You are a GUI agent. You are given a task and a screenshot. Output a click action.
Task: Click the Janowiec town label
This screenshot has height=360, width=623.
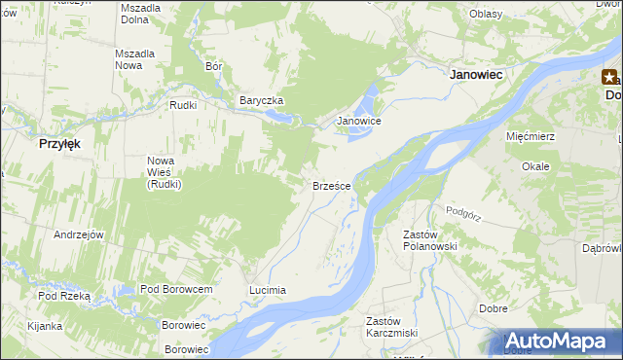click(x=481, y=74)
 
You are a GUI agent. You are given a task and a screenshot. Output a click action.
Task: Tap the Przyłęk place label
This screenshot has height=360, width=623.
click(x=58, y=142)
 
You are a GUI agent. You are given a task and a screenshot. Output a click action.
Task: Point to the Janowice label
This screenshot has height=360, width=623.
click(x=358, y=122)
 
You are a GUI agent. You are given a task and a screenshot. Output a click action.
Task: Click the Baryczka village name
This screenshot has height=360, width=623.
click(x=261, y=101)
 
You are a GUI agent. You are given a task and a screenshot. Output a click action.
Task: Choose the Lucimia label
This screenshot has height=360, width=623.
click(x=268, y=290)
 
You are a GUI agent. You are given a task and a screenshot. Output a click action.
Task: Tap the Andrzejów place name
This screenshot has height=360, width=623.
click(x=79, y=235)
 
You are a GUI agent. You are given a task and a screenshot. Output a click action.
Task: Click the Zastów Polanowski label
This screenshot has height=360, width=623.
click(x=429, y=240)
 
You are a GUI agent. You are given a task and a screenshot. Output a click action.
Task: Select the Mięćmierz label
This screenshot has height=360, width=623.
click(x=531, y=136)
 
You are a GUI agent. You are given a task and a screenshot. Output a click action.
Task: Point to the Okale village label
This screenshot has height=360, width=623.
click(x=535, y=166)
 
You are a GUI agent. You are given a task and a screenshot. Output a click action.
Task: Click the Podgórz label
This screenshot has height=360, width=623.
click(x=464, y=210)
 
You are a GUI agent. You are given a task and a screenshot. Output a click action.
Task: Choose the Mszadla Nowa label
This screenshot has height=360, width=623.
click(x=135, y=59)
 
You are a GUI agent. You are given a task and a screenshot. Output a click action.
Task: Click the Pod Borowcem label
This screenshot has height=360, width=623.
click(x=176, y=290)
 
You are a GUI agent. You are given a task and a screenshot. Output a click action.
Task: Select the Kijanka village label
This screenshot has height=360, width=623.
click(x=45, y=326)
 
